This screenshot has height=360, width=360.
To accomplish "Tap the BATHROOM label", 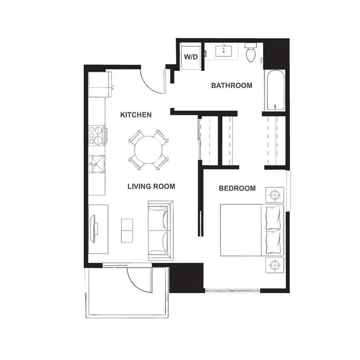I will pyautogui.click(x=232, y=85).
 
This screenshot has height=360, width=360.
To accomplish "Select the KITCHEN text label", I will pyautogui.click(x=136, y=115).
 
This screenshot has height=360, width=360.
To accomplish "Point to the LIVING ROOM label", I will pyautogui.click(x=151, y=186).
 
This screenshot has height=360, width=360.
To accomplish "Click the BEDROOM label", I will pyautogui.click(x=237, y=188).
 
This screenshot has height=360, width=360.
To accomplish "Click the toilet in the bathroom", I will pyautogui.click(x=251, y=53).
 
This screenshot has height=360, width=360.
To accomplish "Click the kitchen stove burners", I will pyautogui.click(x=97, y=135).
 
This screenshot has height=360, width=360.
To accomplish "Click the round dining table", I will pyautogui.click(x=148, y=150).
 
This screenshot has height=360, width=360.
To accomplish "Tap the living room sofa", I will pyautogui.click(x=160, y=231).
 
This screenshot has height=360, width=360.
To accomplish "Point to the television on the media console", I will pyautogui.click(x=95, y=229).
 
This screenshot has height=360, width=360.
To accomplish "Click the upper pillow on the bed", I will pyautogui.click(x=274, y=218).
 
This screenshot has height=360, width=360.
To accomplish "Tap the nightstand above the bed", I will pyautogui.click(x=275, y=194).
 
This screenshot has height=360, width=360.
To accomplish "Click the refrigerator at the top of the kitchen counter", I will pyautogui.click(x=100, y=84).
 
